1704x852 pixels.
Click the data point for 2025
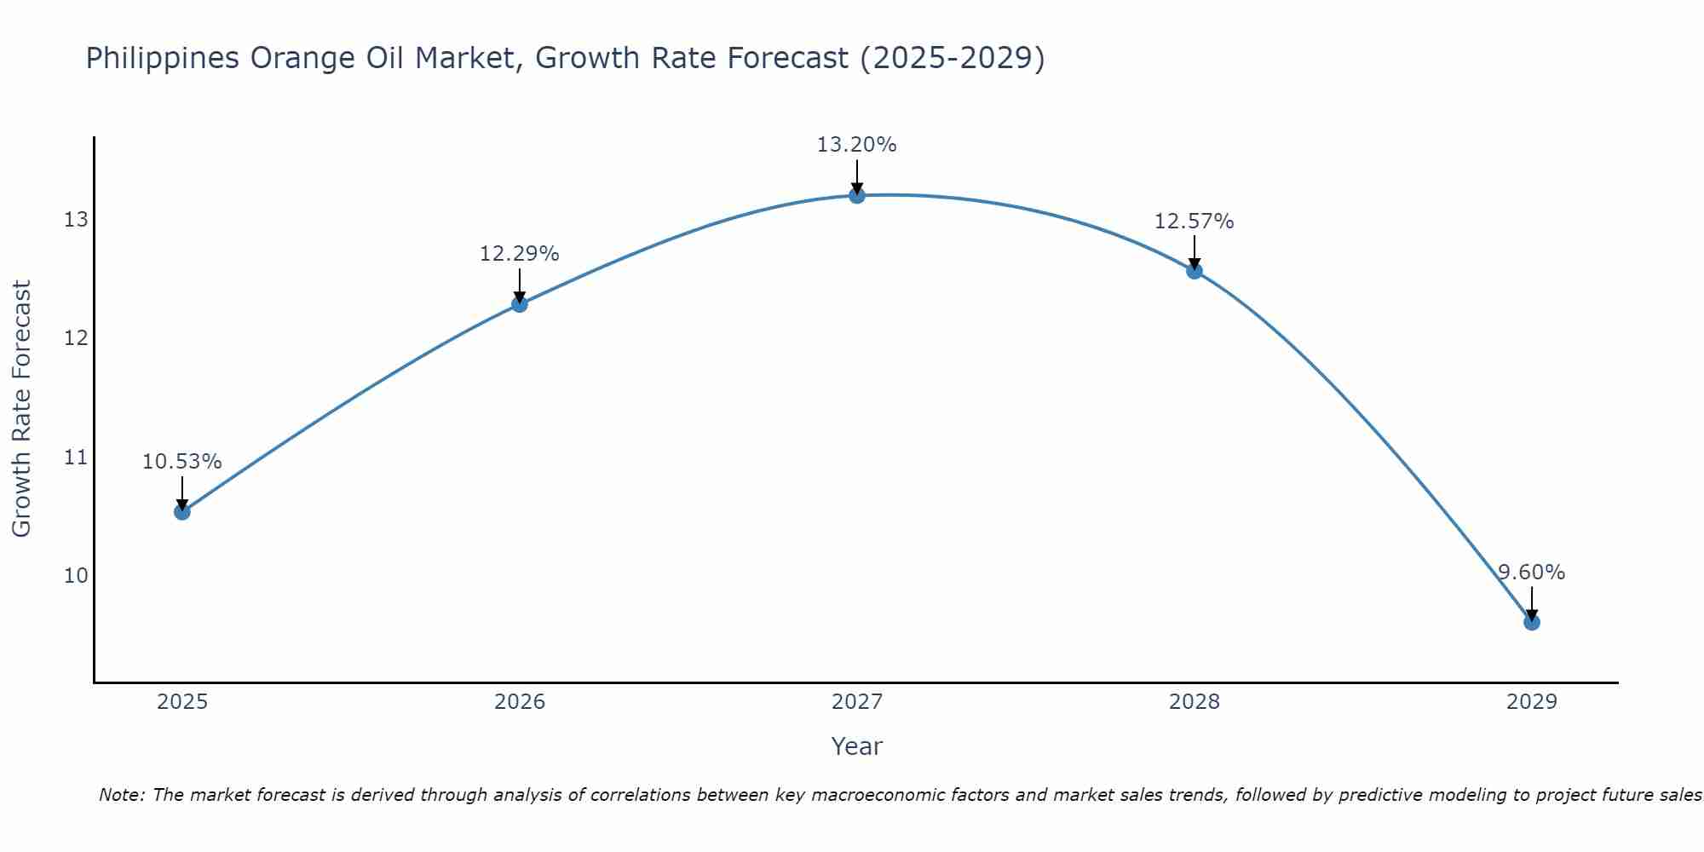click(x=181, y=511)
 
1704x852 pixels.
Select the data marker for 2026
click(x=519, y=304)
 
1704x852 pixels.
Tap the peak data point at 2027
click(x=856, y=196)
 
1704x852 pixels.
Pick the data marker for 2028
click(x=1194, y=271)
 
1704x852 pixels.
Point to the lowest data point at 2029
click(x=1531, y=622)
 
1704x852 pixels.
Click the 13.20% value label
click(x=856, y=145)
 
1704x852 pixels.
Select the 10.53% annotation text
click(x=181, y=462)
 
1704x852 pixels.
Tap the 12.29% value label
click(x=519, y=254)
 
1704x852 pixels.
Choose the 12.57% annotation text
click(x=1194, y=222)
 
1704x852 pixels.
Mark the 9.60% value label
click(x=1531, y=573)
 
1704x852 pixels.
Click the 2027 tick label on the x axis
click(x=856, y=702)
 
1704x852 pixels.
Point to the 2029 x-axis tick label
click(x=1531, y=702)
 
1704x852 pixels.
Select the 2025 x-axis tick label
click(x=182, y=702)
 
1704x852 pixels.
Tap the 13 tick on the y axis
click(x=76, y=220)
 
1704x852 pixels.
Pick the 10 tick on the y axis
click(x=76, y=576)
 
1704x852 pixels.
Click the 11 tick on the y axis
click(x=76, y=458)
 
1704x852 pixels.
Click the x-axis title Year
click(x=856, y=746)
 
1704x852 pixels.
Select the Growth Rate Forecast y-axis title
click(x=21, y=409)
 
